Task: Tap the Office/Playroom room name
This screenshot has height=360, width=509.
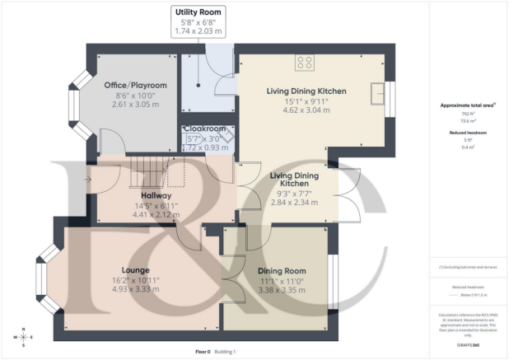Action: (x=135, y=86)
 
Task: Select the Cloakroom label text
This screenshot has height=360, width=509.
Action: (x=203, y=129)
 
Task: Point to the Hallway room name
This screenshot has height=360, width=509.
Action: (x=156, y=195)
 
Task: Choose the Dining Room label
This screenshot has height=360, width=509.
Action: (x=282, y=270)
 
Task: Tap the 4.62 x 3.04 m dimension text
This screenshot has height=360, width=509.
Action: (x=306, y=110)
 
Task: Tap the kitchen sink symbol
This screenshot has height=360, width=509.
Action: (x=378, y=91)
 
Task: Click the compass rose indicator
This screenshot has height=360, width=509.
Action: (x=24, y=337)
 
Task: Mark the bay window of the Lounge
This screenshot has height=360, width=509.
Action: (x=45, y=285)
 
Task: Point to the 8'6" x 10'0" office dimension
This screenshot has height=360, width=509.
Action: (x=135, y=97)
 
